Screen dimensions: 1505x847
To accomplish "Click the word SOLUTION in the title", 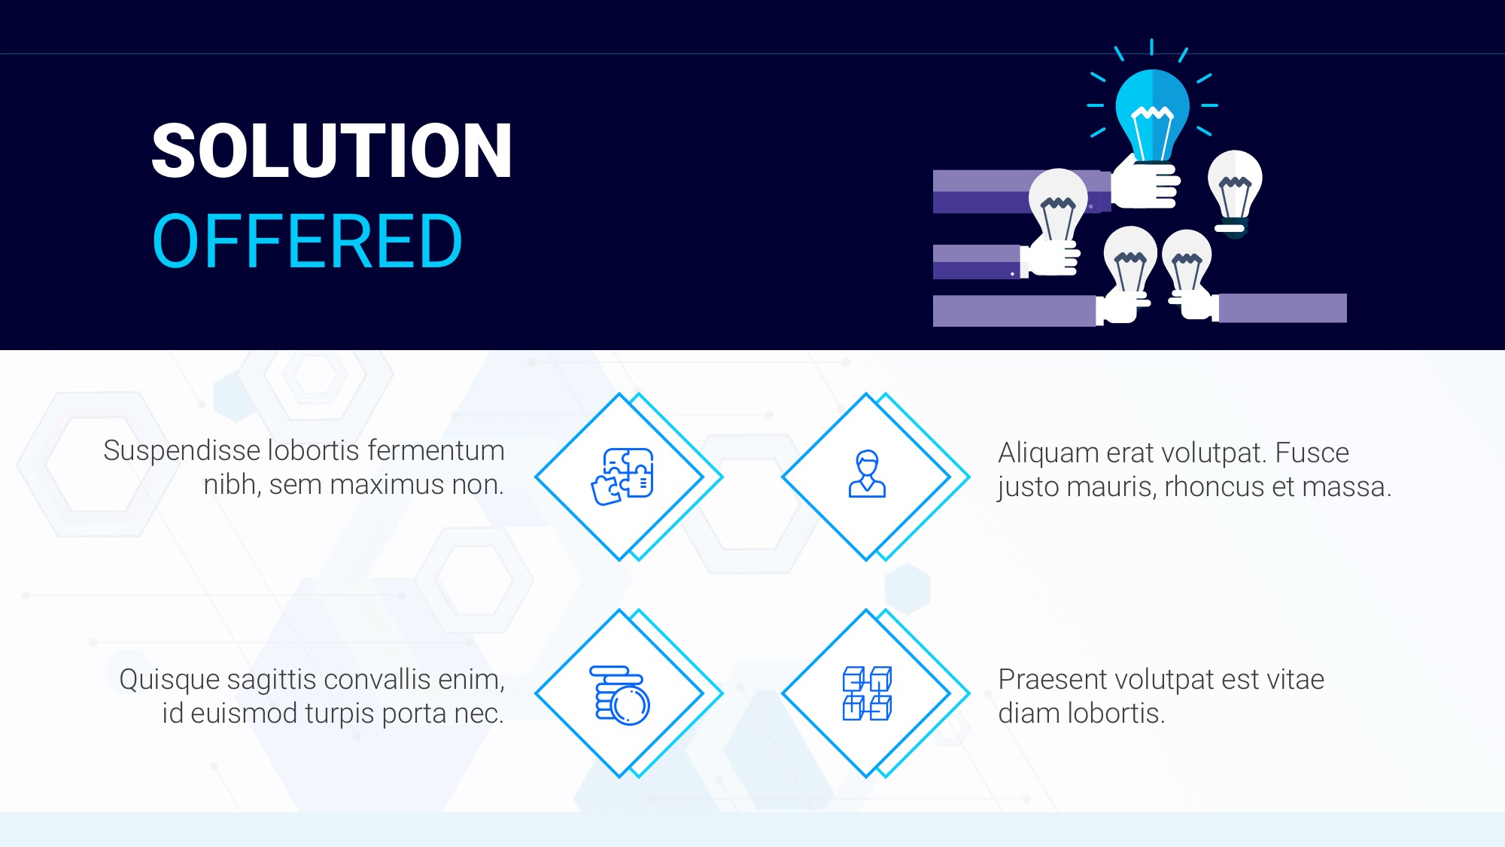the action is pyautogui.click(x=332, y=151).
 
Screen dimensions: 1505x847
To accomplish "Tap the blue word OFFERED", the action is pyautogui.click(x=308, y=241).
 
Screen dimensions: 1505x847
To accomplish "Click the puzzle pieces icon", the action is pyautogui.click(x=622, y=477).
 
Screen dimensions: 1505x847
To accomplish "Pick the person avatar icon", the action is pyautogui.click(x=867, y=474).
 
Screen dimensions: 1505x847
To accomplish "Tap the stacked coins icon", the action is pyautogui.click(x=619, y=695).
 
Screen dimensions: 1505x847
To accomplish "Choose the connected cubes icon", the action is pyautogui.click(x=867, y=693).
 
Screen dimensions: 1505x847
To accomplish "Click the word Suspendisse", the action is pyautogui.click(x=182, y=451).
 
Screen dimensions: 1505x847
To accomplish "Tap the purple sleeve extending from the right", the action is pyautogui.click(x=1282, y=308).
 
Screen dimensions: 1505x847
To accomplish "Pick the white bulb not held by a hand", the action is pyautogui.click(x=1234, y=191).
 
